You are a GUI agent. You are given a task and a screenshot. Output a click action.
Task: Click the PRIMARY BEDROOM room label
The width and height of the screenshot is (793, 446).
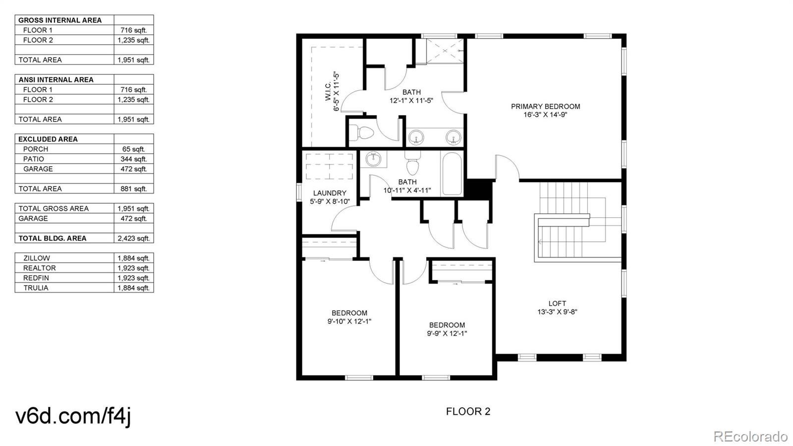click(x=545, y=106)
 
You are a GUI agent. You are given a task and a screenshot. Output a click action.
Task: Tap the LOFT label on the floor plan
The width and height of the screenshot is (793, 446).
click(x=557, y=303)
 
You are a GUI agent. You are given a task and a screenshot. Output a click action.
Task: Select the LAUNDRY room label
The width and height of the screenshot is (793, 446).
click(x=330, y=193)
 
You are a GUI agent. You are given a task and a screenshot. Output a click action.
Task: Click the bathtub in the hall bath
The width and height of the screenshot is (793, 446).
click(x=452, y=174)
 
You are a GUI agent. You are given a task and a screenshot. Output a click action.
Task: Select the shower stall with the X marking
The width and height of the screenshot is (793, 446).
click(x=445, y=52)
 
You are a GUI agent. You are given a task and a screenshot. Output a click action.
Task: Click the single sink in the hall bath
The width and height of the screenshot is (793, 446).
click(x=373, y=159)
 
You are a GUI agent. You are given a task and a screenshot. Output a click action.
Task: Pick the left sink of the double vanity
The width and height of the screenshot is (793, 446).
click(x=416, y=137)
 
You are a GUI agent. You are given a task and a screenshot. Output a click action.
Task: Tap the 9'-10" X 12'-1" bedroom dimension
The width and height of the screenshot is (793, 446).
click(x=349, y=321)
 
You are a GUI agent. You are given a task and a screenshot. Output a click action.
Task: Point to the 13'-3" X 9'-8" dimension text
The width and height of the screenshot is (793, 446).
click(x=557, y=312)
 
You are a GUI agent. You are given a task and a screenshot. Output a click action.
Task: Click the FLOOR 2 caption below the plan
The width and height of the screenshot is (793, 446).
click(x=468, y=411)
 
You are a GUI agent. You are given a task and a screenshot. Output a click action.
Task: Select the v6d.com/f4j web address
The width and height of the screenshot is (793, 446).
click(x=73, y=416)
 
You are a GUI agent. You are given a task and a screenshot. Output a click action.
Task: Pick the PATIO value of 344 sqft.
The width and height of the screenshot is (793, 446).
click(x=133, y=159)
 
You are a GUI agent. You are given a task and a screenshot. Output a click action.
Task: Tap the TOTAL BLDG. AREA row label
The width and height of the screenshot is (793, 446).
click(x=53, y=239)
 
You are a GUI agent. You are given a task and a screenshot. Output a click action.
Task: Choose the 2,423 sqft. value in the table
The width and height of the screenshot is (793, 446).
click(x=133, y=239)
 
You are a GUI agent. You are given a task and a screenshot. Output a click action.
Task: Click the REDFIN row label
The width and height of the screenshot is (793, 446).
click(x=36, y=278)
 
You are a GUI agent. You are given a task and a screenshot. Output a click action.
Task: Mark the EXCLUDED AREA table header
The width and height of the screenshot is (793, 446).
click(x=48, y=139)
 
